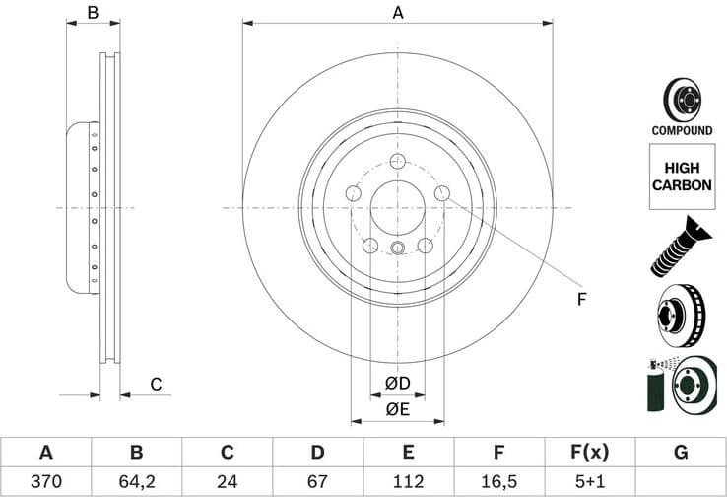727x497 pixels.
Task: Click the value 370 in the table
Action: (45, 483)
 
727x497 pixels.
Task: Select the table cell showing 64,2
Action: (136, 483)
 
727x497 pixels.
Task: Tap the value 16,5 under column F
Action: (499, 483)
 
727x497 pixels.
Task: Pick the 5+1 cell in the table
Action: (589, 483)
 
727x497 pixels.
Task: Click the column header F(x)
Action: (589, 453)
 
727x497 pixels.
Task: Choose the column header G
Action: (680, 453)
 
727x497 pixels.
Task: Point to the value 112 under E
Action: (408, 483)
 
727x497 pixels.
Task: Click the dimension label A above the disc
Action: (398, 13)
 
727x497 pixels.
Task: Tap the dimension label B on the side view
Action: (93, 13)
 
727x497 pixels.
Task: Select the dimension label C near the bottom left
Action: (155, 384)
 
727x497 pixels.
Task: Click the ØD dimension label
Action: (397, 383)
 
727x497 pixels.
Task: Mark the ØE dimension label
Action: (397, 409)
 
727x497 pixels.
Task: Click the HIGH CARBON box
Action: (682, 177)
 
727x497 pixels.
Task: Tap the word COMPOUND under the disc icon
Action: (682, 130)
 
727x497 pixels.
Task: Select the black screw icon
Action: (680, 246)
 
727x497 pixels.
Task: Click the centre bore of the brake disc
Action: (398, 208)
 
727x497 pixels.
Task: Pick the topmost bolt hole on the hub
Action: (398, 163)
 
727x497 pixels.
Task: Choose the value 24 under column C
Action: (227, 483)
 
